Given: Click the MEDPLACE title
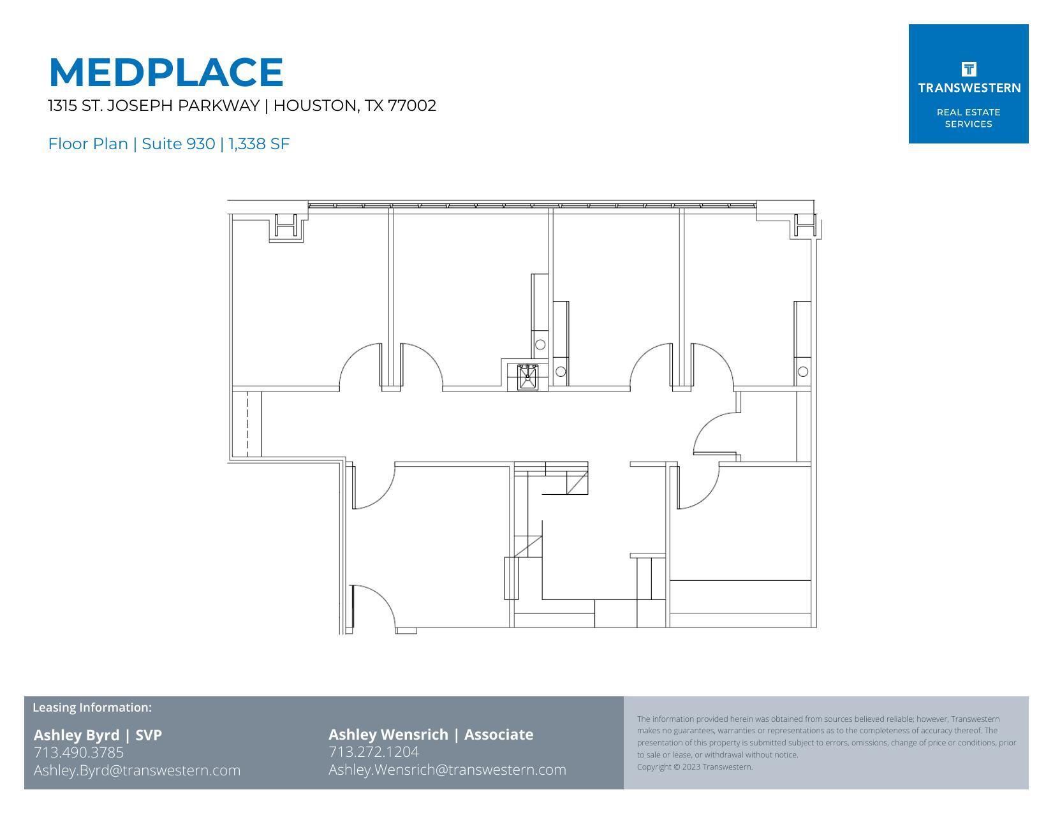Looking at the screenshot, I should tap(166, 72).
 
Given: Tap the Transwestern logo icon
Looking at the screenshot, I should tap(968, 69).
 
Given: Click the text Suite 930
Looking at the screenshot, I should tap(178, 144).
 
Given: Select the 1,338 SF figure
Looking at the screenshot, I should tap(259, 144).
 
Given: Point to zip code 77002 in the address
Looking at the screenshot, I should tap(412, 106).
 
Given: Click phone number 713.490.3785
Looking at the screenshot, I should tap(78, 752).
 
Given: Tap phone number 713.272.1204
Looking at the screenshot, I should tap(373, 752).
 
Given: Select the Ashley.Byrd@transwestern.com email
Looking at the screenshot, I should tap(137, 770).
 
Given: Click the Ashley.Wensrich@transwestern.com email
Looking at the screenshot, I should tap(447, 770).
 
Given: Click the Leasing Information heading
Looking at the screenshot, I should tap(92, 707).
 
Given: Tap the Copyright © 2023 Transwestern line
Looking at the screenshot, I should tap(695, 767).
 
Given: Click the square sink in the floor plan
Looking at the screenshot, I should tap(527, 376).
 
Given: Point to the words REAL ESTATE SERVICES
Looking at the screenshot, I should tap(968, 118).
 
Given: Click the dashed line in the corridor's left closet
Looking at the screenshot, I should tap(247, 423).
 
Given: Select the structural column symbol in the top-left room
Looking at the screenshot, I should tap(286, 226).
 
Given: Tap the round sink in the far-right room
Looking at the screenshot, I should tap(803, 371).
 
